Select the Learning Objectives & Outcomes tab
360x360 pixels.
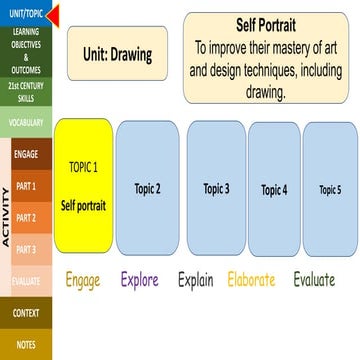click(x=27, y=50)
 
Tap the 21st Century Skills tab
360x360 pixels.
click(x=27, y=92)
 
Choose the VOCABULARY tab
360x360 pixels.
click(x=27, y=122)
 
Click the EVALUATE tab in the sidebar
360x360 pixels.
click(x=27, y=281)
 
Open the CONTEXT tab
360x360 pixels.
click(x=27, y=313)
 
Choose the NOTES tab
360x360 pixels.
click(x=27, y=344)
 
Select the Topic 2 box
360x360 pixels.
click(x=148, y=187)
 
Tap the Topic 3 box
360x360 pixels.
click(x=216, y=187)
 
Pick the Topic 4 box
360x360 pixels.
click(x=274, y=188)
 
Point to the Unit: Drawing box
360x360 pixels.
click(x=117, y=54)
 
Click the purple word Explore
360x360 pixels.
click(x=139, y=280)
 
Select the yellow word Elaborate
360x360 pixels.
click(x=251, y=280)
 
